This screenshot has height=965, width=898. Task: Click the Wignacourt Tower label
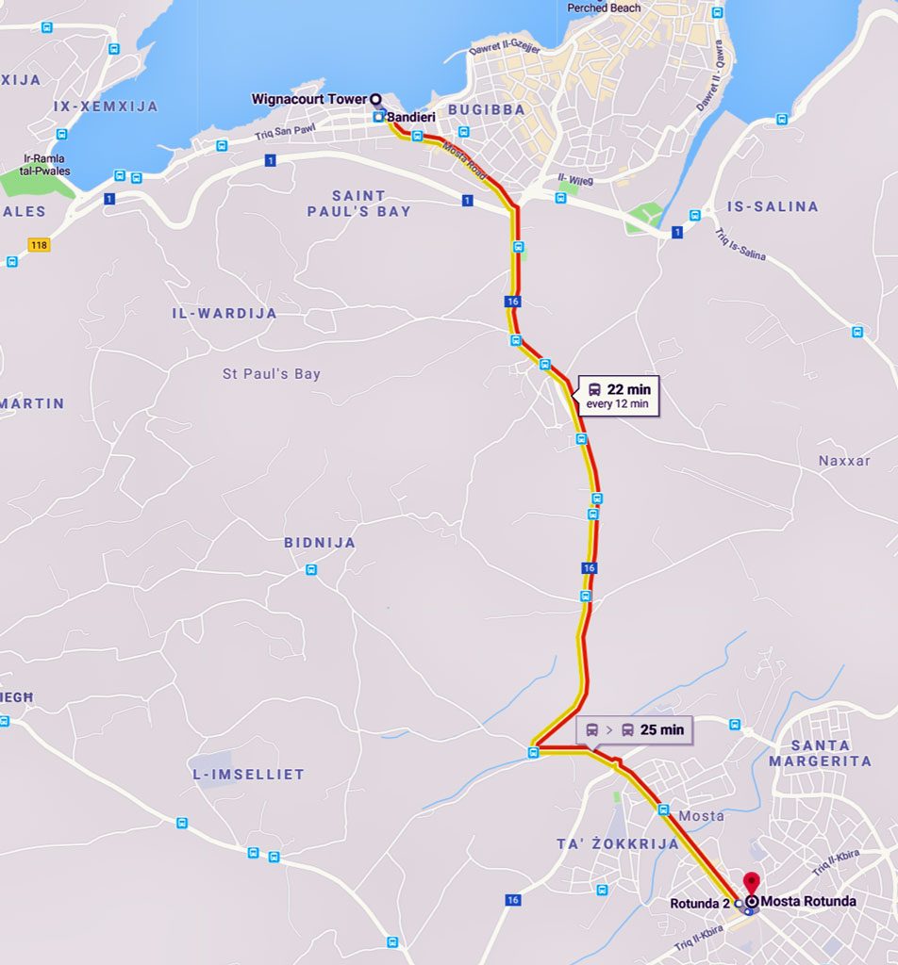point(308,99)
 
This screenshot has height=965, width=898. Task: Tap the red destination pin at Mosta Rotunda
point(751,884)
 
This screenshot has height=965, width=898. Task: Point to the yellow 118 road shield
point(39,245)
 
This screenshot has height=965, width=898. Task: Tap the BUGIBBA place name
point(486,109)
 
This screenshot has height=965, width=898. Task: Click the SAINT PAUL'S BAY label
point(358,204)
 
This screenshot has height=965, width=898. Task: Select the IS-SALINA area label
point(773,206)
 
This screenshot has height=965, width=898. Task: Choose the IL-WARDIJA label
point(224,313)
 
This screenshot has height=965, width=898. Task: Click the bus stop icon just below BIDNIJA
point(311,569)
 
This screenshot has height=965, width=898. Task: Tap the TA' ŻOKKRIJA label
point(616,843)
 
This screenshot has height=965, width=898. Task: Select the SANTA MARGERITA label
point(820,753)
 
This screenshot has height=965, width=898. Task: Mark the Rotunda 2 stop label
point(699,904)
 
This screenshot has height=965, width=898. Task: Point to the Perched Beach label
point(604,8)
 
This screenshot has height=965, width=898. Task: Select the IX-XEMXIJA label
point(106,106)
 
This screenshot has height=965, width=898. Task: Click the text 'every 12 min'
point(618,404)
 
